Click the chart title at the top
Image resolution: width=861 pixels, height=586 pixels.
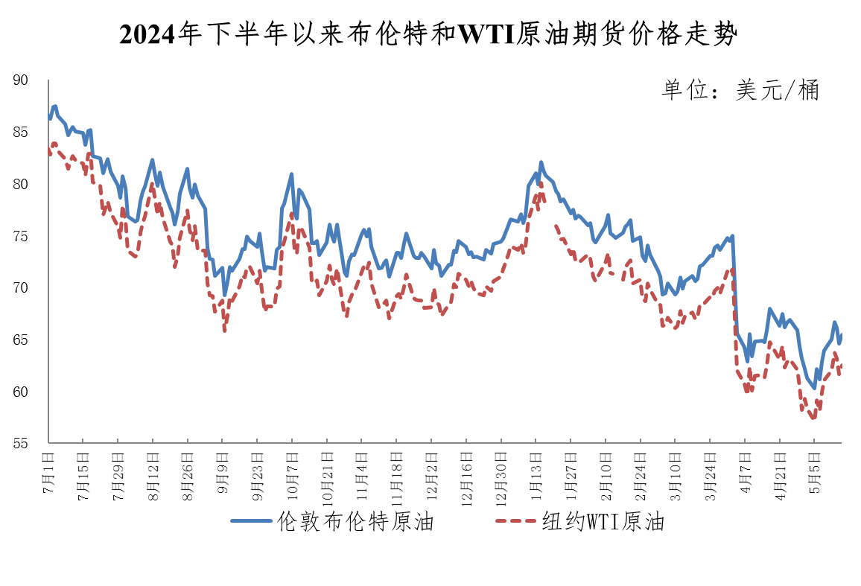[430, 34]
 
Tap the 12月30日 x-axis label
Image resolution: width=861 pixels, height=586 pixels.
[501, 475]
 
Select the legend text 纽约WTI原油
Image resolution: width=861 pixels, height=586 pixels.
[603, 522]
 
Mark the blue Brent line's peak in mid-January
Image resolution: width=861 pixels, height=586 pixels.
[541, 162]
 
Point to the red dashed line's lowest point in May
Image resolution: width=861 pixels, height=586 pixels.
[813, 418]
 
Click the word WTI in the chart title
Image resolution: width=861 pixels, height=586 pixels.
[486, 34]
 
